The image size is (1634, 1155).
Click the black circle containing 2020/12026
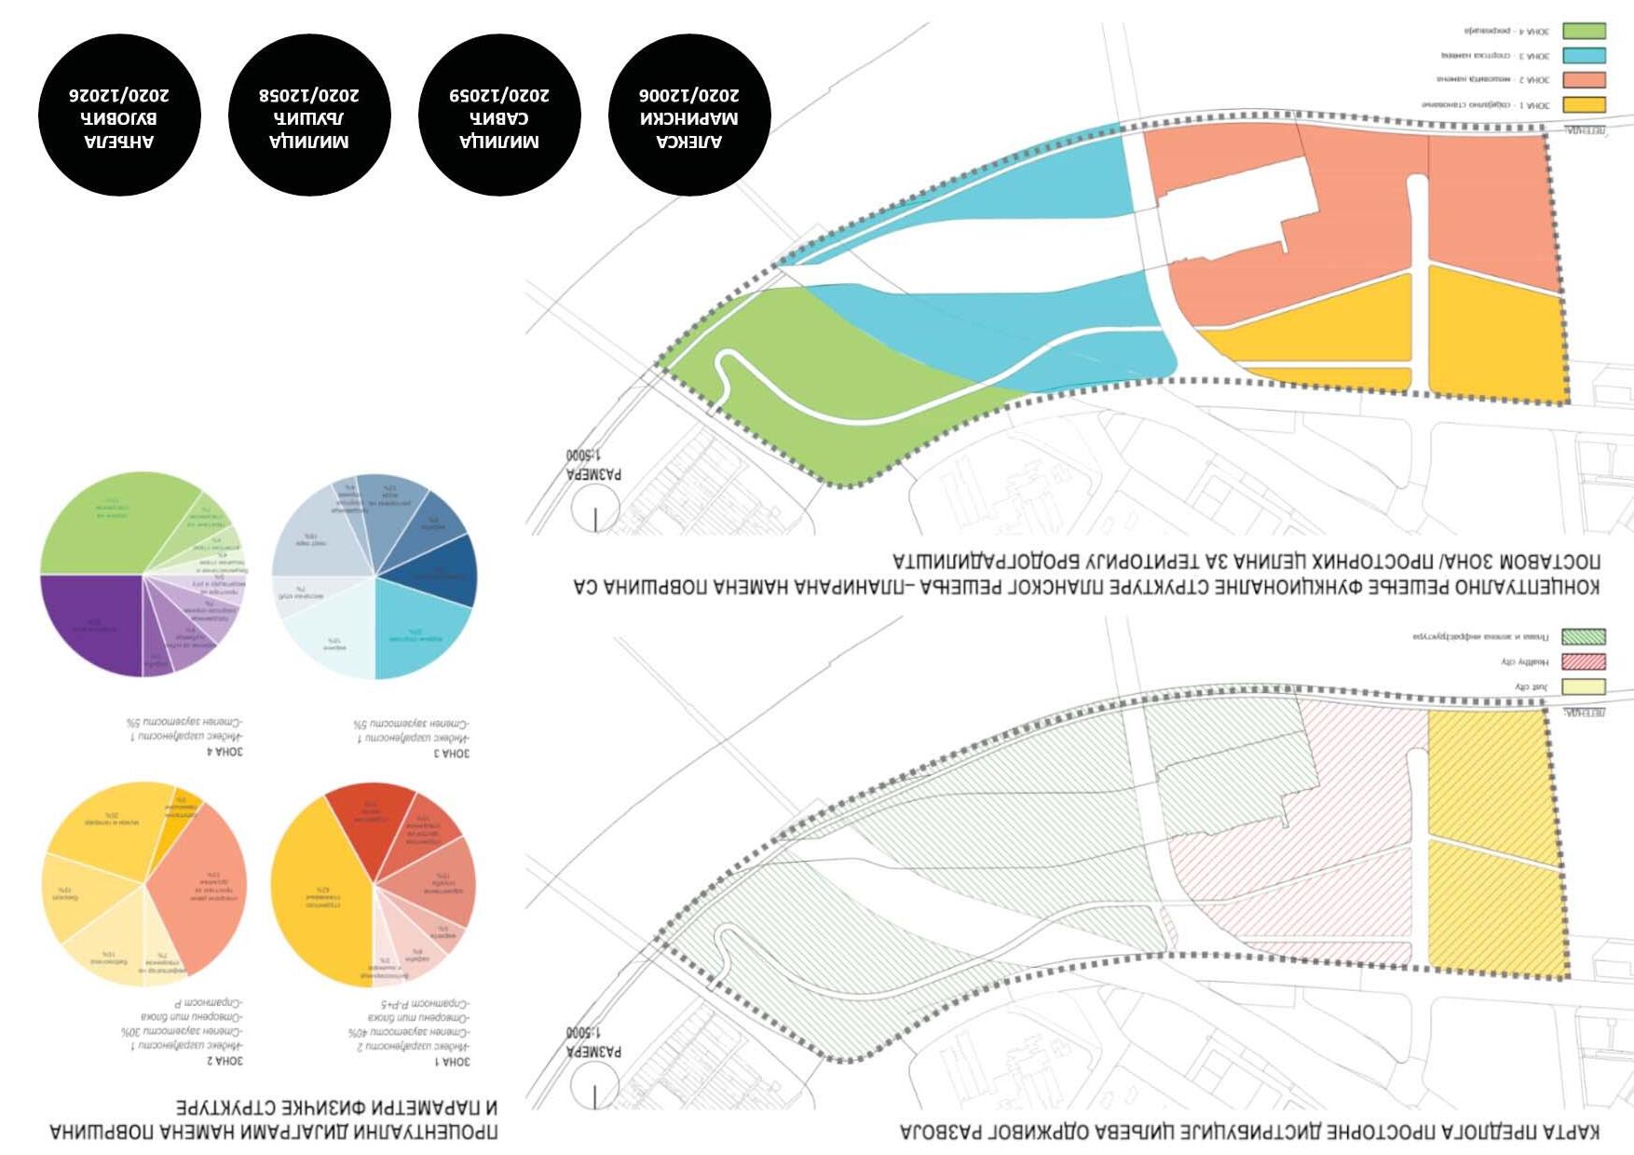pyautogui.click(x=119, y=115)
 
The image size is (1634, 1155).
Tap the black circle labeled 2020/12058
pyautogui.click(x=308, y=115)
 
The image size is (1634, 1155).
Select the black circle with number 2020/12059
pyautogui.click(x=499, y=115)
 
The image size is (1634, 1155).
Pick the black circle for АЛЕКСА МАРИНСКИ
pyautogui.click(x=689, y=115)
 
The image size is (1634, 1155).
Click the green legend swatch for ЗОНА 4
pyautogui.click(x=1584, y=32)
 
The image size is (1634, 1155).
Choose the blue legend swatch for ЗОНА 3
pyautogui.click(x=1584, y=56)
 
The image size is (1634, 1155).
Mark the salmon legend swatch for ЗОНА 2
pyautogui.click(x=1584, y=80)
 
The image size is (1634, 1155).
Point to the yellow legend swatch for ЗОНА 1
pyautogui.click(x=1584, y=105)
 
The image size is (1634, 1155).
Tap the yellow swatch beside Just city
pyautogui.click(x=1584, y=687)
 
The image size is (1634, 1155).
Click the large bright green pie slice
pyautogui.click(x=112, y=526)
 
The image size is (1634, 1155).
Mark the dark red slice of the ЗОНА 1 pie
pyautogui.click(x=373, y=820)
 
